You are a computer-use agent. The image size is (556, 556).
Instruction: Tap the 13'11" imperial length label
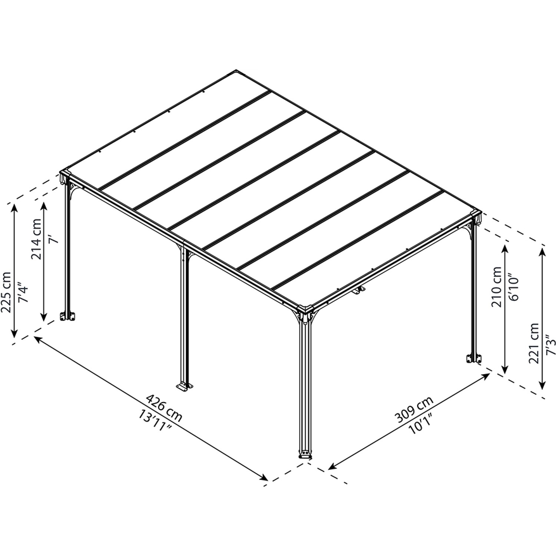coord(155,422)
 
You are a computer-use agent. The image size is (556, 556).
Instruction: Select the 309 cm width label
coord(414,410)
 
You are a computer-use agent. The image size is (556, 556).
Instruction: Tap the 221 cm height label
coord(535,344)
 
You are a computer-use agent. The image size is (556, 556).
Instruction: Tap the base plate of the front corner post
coord(305,454)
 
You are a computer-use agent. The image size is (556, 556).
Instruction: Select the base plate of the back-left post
coord(68,316)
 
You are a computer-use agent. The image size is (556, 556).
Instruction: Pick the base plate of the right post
coord(473,358)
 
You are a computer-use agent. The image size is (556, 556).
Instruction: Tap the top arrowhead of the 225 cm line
coord(14,206)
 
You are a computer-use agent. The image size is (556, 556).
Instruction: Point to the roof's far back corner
coord(236,70)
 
